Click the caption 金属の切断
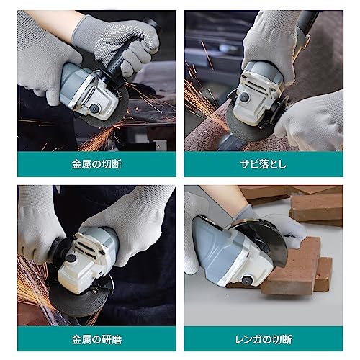tap(96, 164)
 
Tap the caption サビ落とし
tap(263, 164)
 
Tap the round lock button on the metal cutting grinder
tap(94, 108)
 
